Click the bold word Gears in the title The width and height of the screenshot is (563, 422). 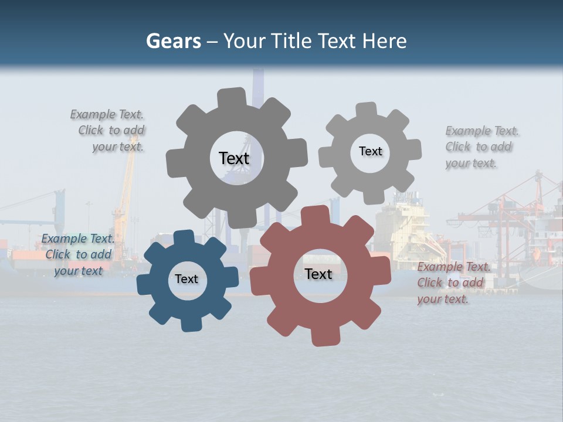tap(174, 41)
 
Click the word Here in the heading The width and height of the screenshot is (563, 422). tap(384, 41)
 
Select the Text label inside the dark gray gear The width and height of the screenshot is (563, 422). tap(234, 158)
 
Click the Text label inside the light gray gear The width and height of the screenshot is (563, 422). tap(370, 151)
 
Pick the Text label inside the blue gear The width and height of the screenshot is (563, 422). tap(186, 279)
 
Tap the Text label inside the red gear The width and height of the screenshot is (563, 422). tap(318, 274)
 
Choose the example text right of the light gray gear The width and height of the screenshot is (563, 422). tap(481, 147)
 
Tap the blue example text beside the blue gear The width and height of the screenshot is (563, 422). tap(78, 254)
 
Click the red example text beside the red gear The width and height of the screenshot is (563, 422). tap(453, 283)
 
